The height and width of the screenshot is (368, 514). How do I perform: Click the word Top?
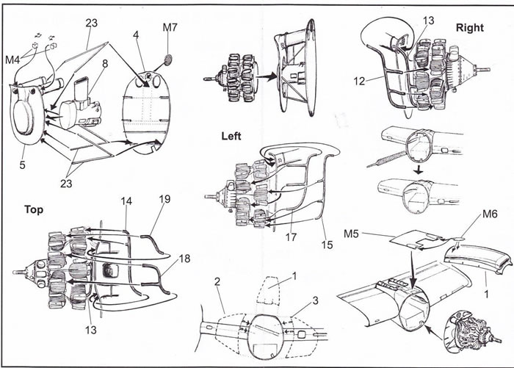[x=34, y=209]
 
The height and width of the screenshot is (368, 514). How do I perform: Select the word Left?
[x=234, y=136]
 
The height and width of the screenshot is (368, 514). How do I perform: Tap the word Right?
[x=470, y=27]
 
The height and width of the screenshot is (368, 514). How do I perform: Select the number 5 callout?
[x=23, y=165]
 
